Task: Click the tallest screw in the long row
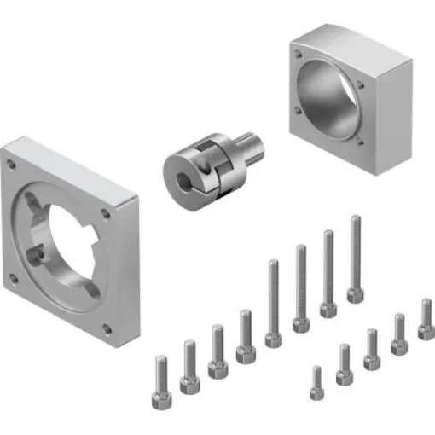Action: click(355, 256)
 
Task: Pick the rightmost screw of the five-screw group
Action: click(426, 319)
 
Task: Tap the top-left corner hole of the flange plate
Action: click(13, 161)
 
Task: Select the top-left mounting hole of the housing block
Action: click(298, 53)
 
